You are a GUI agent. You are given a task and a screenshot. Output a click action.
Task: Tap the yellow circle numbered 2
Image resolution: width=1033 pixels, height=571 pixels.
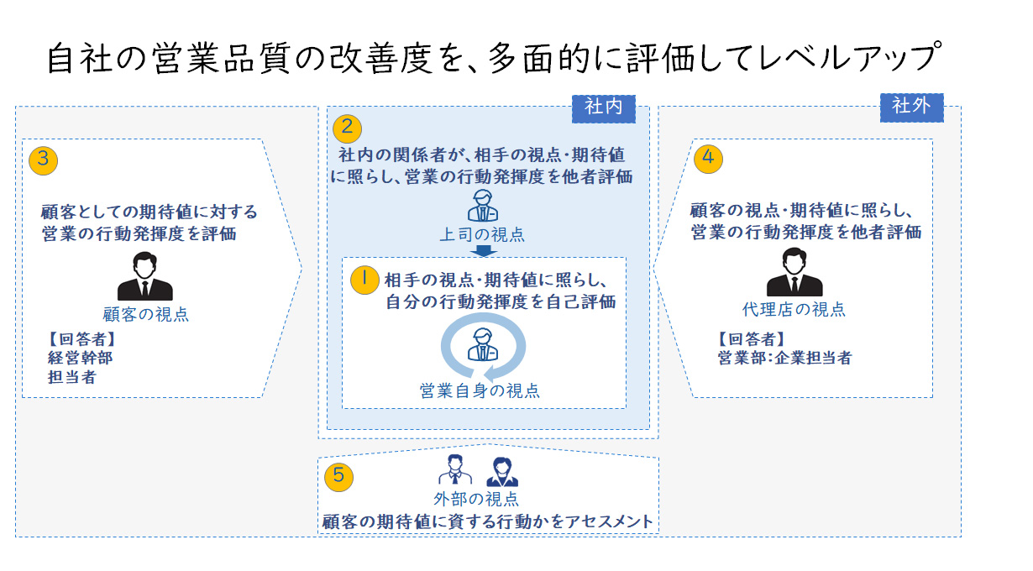pos(347,128)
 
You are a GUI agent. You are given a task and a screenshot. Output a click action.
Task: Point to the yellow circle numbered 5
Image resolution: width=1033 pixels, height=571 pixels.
pos(338,475)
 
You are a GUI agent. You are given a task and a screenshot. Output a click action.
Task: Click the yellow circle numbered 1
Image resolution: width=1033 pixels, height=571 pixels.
pos(364,280)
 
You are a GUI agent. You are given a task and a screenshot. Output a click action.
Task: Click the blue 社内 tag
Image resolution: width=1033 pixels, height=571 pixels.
pos(602,107)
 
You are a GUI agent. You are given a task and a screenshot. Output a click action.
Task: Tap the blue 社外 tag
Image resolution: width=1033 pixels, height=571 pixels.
pos(911,107)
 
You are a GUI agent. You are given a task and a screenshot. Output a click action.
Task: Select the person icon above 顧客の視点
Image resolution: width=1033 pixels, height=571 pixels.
pos(145,276)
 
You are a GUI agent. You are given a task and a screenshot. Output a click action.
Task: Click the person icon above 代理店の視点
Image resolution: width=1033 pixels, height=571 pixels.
pos(794,273)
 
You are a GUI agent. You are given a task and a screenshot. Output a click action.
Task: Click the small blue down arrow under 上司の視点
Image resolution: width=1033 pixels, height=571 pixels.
pos(482,250)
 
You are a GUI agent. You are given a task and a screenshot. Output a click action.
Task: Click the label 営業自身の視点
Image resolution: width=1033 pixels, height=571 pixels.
pos(480,390)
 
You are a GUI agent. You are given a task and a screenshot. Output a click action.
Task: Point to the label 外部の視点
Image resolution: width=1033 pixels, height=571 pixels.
pos(482,499)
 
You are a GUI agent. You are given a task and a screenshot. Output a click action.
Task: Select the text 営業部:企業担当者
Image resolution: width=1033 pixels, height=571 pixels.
pos(784,358)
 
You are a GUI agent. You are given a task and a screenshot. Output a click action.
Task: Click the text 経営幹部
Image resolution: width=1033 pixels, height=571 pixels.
pos(81,359)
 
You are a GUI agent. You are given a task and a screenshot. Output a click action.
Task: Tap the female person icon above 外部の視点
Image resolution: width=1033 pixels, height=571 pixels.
pos(502,472)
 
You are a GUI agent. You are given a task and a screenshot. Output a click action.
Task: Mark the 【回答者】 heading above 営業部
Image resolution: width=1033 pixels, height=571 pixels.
pos(751,339)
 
